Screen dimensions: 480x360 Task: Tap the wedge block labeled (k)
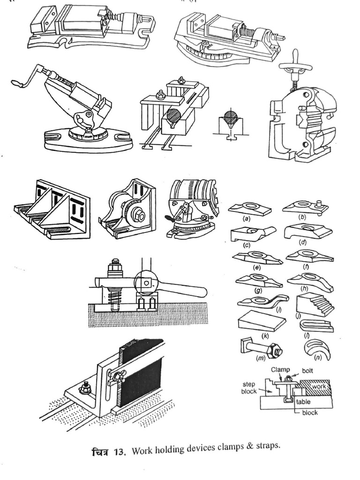coord(262,322)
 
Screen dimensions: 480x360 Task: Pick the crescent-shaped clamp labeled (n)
coord(317,349)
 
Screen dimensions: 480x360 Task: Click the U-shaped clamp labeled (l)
coord(317,325)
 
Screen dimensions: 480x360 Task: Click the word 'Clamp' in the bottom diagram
coord(280,370)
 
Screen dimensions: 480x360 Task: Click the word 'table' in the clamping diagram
coord(303,402)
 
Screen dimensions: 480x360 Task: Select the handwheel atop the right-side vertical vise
coord(295,66)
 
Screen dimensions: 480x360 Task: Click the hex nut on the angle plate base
coord(85,387)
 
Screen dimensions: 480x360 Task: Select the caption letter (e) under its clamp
coord(256,268)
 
